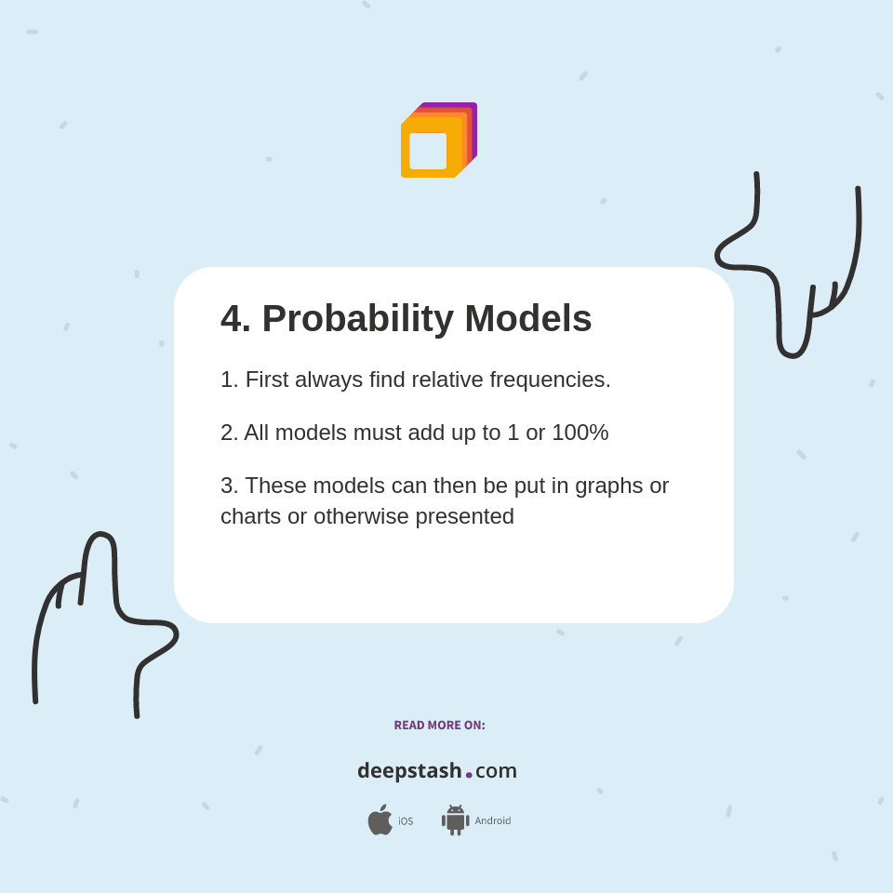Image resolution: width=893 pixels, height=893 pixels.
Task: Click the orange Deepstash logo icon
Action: [x=438, y=140]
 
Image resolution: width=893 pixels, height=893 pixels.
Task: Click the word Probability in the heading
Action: [x=357, y=319]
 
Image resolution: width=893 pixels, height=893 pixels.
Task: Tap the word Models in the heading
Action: [x=528, y=318]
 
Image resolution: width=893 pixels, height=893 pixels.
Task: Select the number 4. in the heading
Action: [x=235, y=318]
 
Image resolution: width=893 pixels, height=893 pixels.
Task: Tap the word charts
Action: [x=251, y=516]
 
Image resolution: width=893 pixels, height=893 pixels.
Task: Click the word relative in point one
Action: [x=447, y=380]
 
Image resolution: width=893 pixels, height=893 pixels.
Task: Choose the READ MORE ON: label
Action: [x=440, y=725]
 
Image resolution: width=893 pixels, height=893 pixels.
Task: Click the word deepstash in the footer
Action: [x=409, y=771]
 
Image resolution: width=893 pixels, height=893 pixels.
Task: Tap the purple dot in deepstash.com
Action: [x=469, y=775]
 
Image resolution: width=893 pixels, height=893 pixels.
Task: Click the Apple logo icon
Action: [x=380, y=820]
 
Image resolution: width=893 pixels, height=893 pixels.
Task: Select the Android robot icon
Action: [x=456, y=820]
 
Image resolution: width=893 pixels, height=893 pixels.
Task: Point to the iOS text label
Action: [x=406, y=821]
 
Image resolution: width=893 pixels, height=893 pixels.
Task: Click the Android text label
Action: [x=493, y=820]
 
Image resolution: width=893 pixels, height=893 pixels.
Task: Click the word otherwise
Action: [x=361, y=516]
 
